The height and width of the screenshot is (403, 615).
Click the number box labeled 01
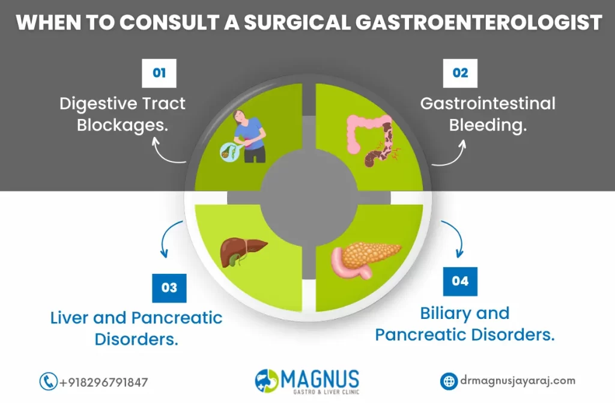[x=159, y=73]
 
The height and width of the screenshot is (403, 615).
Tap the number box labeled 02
[x=460, y=73]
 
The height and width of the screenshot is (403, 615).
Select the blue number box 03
[x=169, y=288]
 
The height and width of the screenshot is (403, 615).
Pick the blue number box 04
[x=460, y=281]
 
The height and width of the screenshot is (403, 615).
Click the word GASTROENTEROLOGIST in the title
[x=479, y=22]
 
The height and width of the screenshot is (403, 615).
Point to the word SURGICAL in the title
[x=297, y=22]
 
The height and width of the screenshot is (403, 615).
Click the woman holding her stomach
[x=247, y=136]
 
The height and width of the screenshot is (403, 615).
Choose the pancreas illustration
[x=366, y=260]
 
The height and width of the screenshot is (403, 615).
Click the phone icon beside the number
[x=48, y=381]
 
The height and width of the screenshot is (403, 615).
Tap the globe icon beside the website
[x=449, y=381]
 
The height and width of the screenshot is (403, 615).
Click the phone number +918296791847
[x=103, y=382]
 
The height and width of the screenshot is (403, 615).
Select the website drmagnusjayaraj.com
[x=518, y=381]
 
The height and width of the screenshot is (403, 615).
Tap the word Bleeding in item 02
[x=488, y=126]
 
